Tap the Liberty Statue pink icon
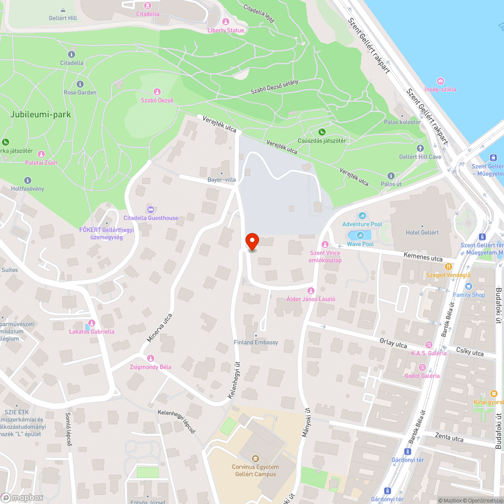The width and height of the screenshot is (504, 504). (x=225, y=22)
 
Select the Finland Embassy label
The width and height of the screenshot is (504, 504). (x=256, y=342)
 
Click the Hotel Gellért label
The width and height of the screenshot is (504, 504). (x=422, y=232)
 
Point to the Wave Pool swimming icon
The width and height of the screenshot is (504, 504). (x=360, y=235)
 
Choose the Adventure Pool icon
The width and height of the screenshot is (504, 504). (x=362, y=216)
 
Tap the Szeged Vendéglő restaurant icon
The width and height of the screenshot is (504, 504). (x=448, y=267)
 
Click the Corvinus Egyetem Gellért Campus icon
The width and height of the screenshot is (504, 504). (x=255, y=459)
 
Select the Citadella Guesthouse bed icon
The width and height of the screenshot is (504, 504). (x=150, y=210)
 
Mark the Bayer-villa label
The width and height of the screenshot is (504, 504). (x=222, y=179)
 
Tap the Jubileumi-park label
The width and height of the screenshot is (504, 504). (x=40, y=114)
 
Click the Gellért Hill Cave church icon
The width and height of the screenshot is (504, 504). (x=420, y=148)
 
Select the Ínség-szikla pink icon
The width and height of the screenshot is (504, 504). (x=440, y=81)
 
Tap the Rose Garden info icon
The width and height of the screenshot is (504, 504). (x=80, y=84)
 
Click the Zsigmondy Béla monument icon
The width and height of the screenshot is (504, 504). (x=150, y=358)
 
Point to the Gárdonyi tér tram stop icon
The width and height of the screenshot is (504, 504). (x=408, y=452)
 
